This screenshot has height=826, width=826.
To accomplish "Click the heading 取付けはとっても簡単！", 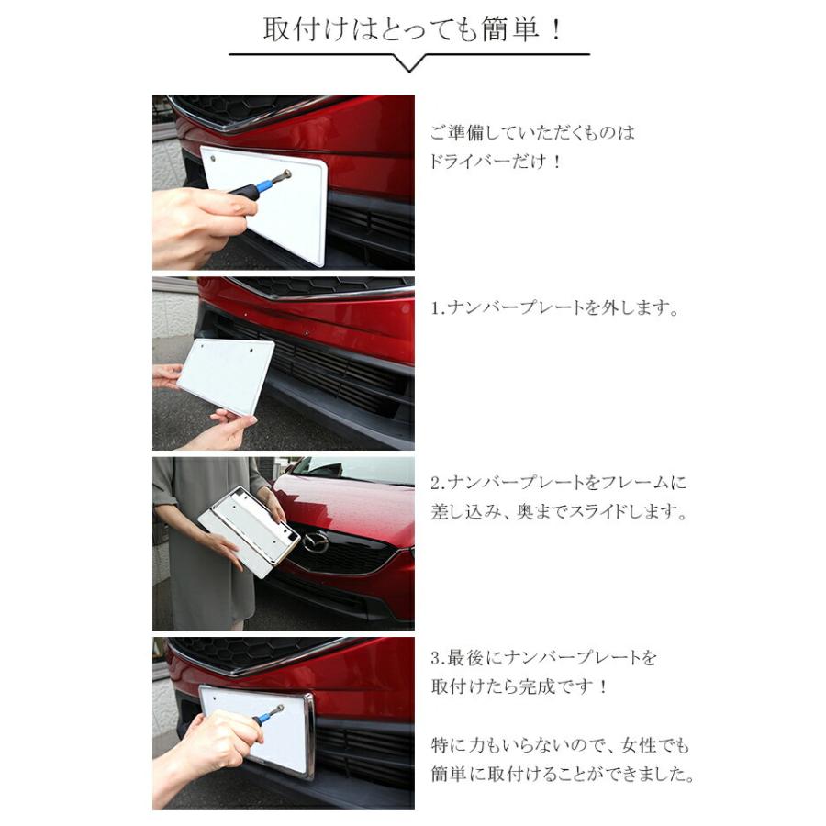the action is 412,29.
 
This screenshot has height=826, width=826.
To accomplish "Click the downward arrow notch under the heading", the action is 409,62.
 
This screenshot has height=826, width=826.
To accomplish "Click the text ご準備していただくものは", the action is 532,132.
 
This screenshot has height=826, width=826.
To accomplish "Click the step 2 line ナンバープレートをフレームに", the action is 569,483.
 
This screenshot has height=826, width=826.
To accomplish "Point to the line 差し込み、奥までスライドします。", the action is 560,511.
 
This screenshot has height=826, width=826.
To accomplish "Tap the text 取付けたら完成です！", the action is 519,686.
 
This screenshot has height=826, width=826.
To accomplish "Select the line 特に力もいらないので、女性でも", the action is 560,745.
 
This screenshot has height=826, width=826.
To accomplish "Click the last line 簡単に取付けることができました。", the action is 563,774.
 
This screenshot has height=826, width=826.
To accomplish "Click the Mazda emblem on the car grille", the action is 315,541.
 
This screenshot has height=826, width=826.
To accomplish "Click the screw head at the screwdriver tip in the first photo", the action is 286,173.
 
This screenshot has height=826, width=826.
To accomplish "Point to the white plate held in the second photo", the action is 226,376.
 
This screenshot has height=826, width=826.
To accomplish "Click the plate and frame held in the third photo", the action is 249,531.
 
